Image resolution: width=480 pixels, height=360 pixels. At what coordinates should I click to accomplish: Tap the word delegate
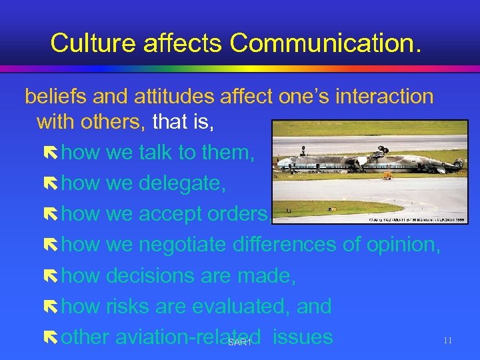(182, 183)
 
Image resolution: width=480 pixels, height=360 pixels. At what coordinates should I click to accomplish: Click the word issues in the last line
(303, 337)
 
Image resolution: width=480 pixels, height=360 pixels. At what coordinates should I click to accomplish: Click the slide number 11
(447, 341)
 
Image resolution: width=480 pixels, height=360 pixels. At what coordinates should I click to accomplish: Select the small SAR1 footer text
(239, 343)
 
